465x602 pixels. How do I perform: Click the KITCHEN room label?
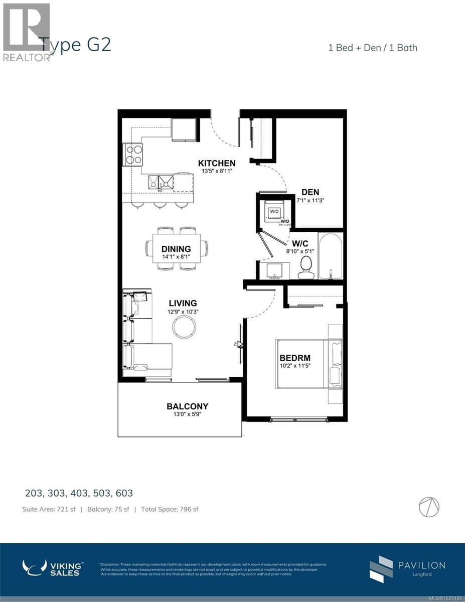217,163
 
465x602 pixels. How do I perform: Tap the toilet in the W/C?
305,268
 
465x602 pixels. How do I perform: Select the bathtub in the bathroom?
331,256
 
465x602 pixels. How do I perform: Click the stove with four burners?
133,154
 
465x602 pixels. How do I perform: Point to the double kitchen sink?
161,182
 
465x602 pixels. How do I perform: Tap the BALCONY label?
187,406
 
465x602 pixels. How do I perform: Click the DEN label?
310,192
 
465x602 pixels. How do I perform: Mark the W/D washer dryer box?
274,212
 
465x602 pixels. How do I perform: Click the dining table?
177,248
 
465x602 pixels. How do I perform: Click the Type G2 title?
75,45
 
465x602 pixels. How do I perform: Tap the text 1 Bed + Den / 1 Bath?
373,48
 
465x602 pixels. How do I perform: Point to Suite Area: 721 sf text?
49,509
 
